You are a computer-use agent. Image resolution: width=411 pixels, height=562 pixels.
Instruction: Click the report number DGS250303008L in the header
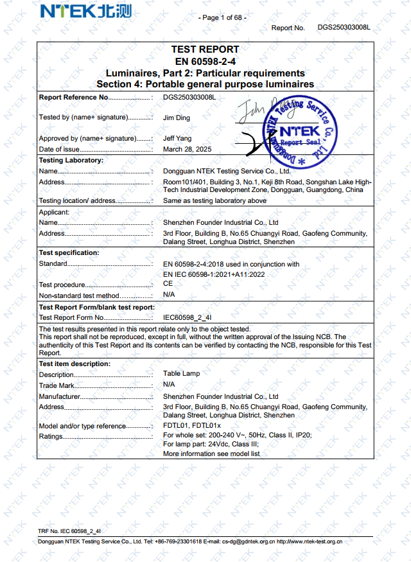(344, 28)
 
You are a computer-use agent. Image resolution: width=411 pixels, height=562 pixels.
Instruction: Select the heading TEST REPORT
(205, 49)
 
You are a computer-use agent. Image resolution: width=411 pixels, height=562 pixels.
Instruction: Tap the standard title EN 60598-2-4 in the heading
(205, 61)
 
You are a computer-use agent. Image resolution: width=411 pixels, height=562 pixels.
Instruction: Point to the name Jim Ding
(177, 118)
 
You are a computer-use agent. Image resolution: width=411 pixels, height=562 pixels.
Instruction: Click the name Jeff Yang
(177, 138)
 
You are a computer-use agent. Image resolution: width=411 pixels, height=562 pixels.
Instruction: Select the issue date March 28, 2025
(187, 149)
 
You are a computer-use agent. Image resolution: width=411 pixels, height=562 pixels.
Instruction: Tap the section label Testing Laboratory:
(71, 160)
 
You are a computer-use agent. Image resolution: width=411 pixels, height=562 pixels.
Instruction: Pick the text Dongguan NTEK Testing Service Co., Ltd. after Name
(227, 171)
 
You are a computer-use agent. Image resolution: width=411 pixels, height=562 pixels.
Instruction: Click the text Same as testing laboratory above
(214, 200)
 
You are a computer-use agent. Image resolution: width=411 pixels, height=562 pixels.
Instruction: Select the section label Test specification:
(69, 253)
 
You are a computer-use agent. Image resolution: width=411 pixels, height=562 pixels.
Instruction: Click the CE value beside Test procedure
(168, 283)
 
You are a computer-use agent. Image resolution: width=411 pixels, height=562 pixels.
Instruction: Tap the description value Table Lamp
(181, 373)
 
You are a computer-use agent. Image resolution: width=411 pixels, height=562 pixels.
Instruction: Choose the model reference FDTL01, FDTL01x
(191, 426)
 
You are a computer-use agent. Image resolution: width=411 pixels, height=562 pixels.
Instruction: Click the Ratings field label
(51, 437)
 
